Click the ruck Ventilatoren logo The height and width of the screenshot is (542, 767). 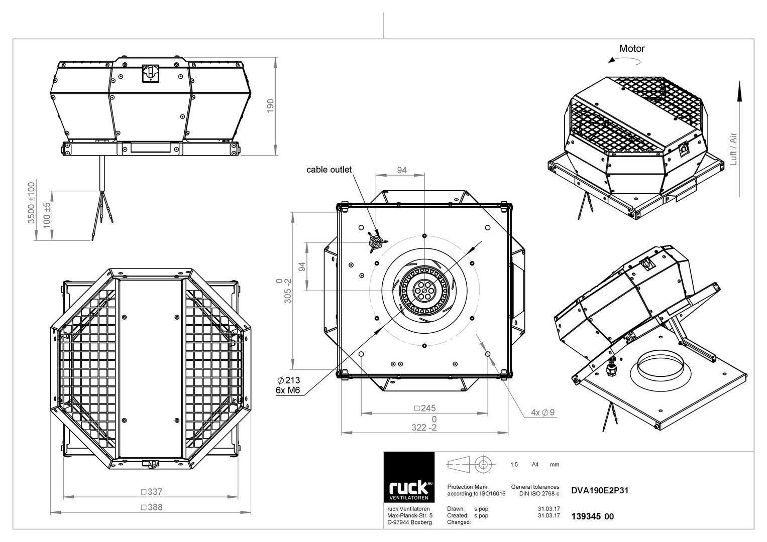pos(409,477)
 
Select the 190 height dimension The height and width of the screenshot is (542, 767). pos(270,106)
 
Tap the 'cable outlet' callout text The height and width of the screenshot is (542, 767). pos(328,170)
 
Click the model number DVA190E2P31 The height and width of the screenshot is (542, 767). pos(600,490)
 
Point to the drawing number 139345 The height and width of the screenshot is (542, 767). pos(586,516)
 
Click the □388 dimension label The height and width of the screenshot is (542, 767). pos(152,507)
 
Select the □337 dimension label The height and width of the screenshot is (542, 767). pos(152,492)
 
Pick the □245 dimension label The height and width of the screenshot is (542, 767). pos(424,408)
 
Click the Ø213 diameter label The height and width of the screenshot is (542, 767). pos(288,380)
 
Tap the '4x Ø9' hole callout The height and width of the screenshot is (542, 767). pos(542,413)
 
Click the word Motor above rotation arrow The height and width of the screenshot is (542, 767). pos(632,49)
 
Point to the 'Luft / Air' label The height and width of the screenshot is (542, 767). pos(733,149)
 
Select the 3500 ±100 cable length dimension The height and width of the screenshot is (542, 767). pos(31,203)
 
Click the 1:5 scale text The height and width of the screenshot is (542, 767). pos(514,465)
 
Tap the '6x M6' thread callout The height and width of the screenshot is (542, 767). pos(288,390)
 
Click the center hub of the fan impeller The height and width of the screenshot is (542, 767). pos(424,291)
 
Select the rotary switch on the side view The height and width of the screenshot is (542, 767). pos(151,74)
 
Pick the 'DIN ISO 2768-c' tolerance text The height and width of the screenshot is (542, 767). pos(539,494)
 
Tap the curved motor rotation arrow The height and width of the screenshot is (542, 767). pos(624,61)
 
